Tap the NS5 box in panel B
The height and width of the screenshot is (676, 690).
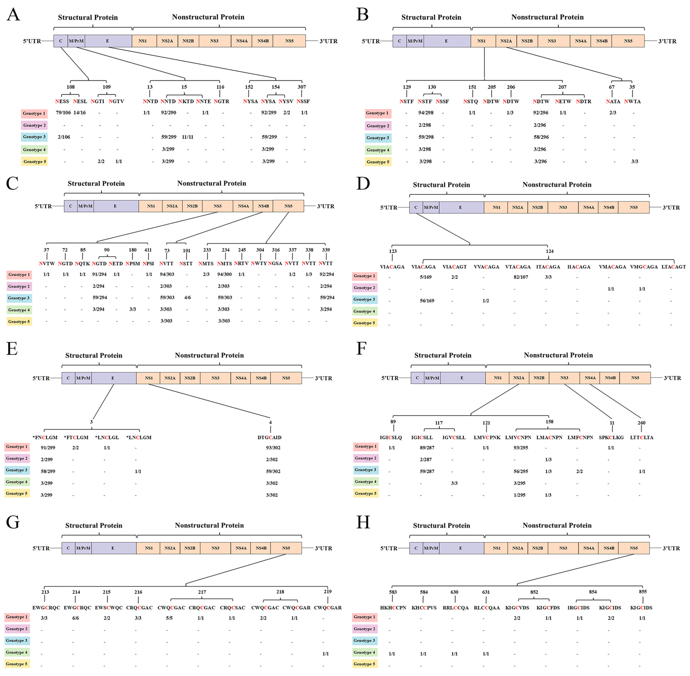pyautogui.click(x=628, y=41)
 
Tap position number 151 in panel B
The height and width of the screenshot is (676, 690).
pyautogui.click(x=472, y=87)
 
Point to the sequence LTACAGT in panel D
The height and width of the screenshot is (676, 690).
pyautogui.click(x=673, y=267)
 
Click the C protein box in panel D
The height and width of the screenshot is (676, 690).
pyautogui.click(x=416, y=207)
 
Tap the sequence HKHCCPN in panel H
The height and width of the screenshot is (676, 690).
pyautogui.click(x=393, y=607)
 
